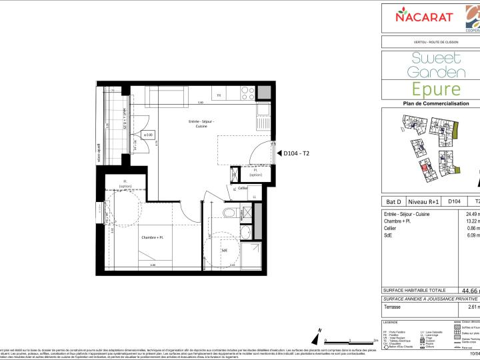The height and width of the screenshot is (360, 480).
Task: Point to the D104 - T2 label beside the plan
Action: tap(297, 153)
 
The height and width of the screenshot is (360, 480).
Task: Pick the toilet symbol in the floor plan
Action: tap(229, 213)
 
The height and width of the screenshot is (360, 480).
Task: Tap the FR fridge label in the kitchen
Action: tap(219, 95)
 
